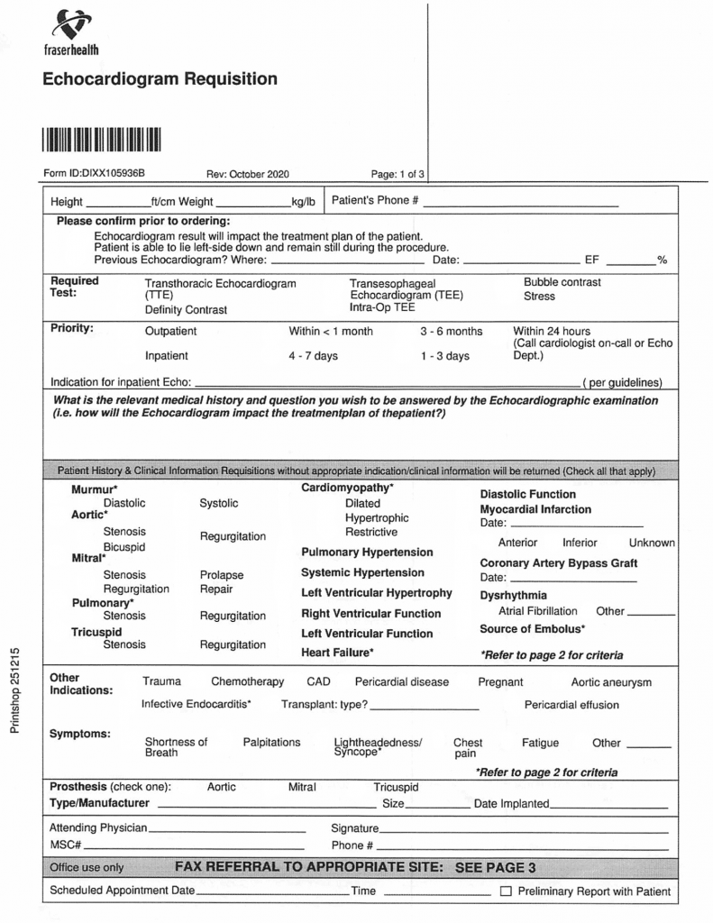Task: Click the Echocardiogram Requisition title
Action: tap(160, 79)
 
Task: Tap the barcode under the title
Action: tap(100, 140)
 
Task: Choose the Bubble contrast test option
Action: tap(562, 282)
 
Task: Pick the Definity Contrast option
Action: tap(186, 309)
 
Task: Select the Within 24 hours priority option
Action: tap(552, 331)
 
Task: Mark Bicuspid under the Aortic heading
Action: tap(124, 546)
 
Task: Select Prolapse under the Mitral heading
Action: tap(222, 575)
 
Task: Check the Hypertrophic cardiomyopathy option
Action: tap(377, 518)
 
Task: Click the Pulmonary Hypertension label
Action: tap(367, 553)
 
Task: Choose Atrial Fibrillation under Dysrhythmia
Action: tap(538, 611)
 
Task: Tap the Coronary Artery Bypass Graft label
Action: tap(559, 563)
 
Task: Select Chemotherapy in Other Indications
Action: tap(247, 682)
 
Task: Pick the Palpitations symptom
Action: tap(271, 743)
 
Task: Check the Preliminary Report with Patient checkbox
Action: tap(506, 892)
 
